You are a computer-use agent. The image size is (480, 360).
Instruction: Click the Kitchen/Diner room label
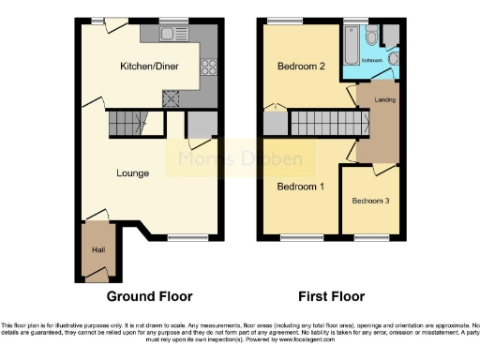[x=148, y=67]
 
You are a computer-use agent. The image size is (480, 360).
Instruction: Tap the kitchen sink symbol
[x=172, y=35]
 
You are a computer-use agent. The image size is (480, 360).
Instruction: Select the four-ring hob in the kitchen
[x=208, y=67]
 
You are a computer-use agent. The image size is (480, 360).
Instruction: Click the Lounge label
[x=133, y=173]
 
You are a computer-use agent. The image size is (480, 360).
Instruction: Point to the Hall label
[x=98, y=250]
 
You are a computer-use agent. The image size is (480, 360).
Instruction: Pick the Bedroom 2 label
[x=300, y=67]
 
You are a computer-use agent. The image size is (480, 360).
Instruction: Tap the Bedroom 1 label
[x=300, y=187]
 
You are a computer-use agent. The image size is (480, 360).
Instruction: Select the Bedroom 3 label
[x=370, y=202]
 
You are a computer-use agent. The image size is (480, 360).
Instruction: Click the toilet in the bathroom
[x=373, y=37]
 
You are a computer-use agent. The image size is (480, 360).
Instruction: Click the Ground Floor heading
[x=149, y=297]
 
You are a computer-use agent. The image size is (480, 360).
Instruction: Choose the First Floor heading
[x=331, y=297]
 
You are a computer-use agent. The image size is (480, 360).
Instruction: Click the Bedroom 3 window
[x=371, y=235]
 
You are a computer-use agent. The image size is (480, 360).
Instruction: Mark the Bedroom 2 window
[x=280, y=21]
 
